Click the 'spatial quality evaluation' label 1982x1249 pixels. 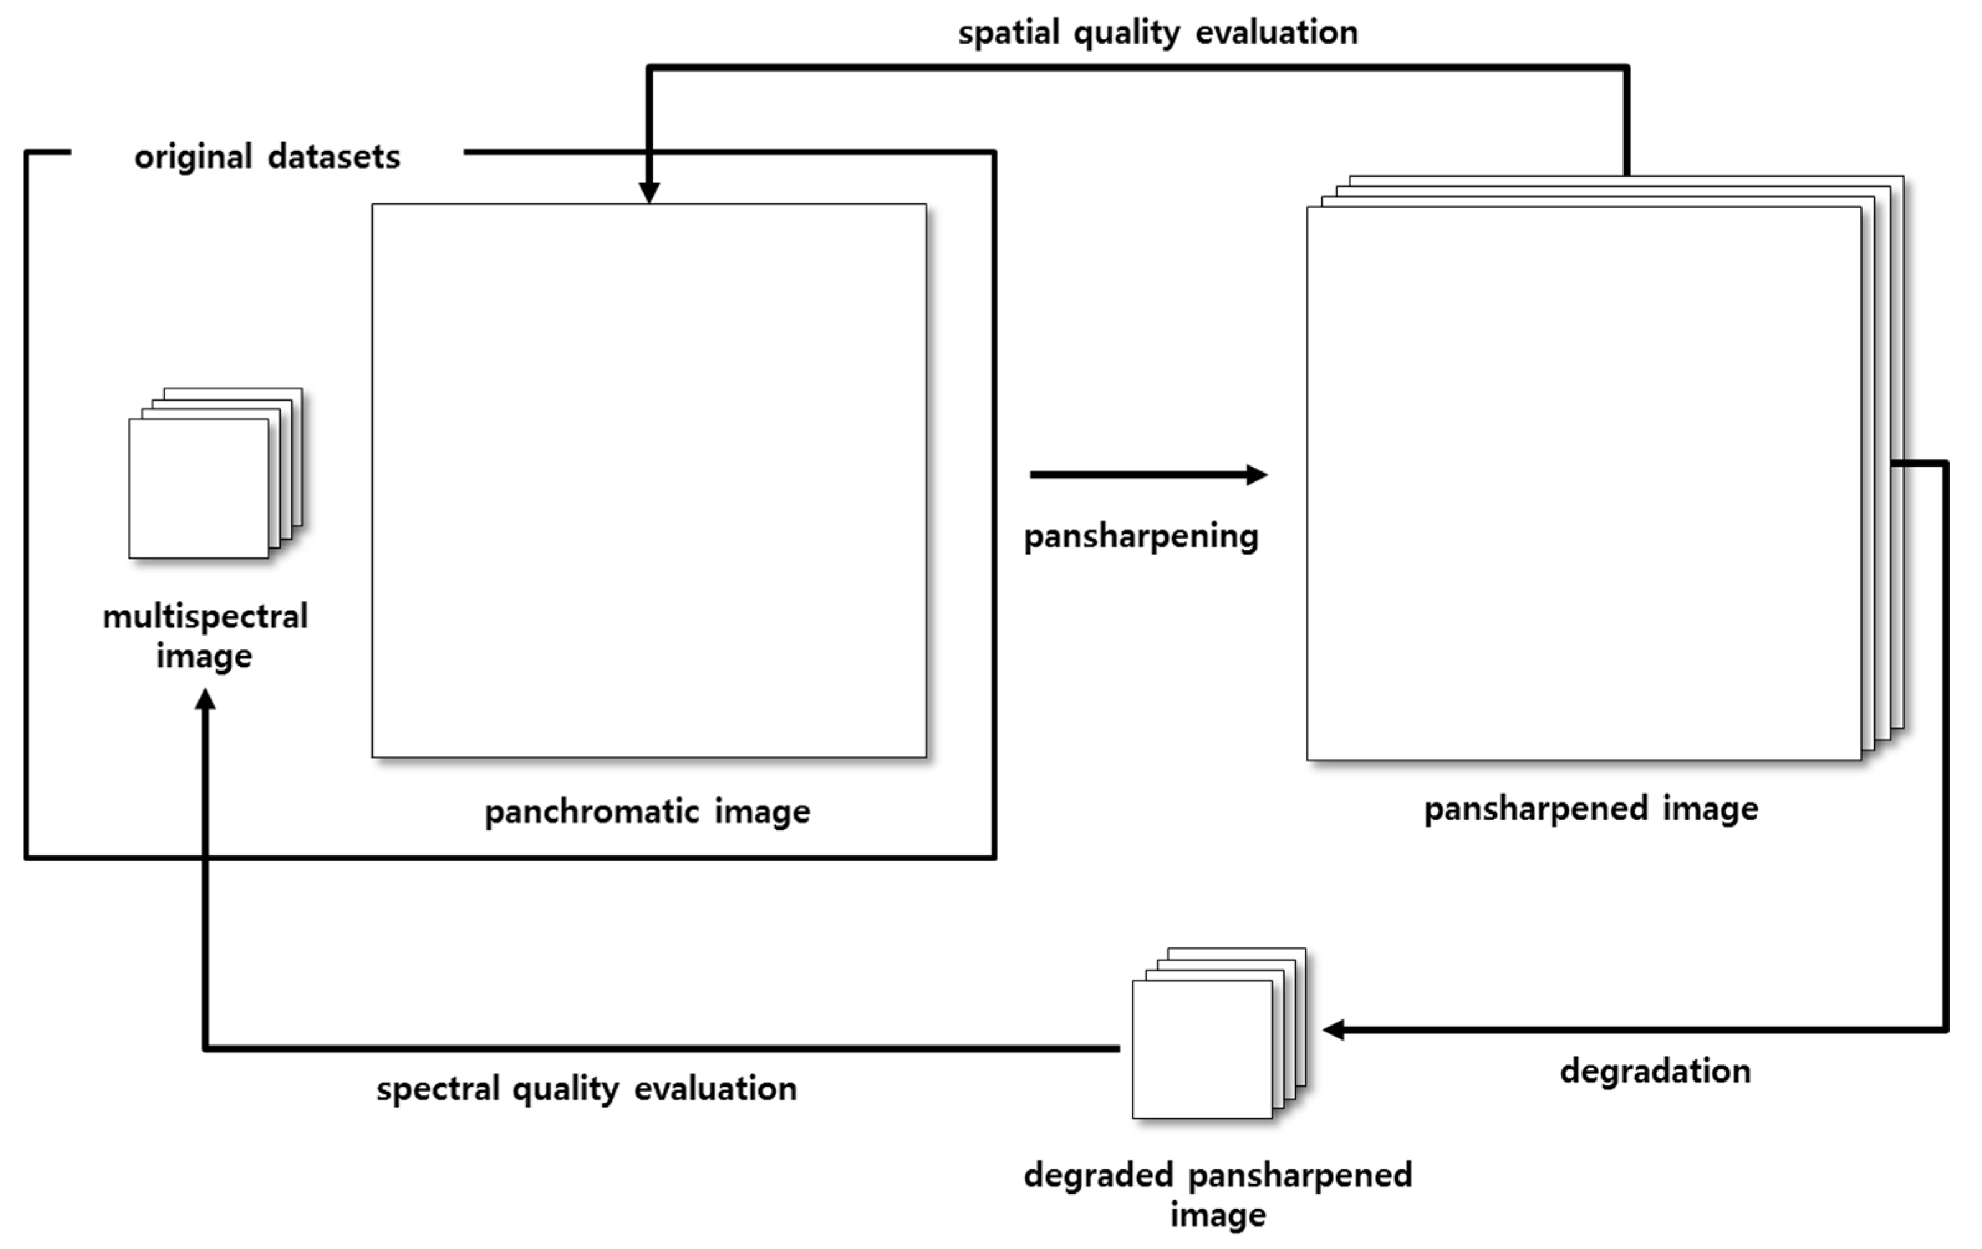(1157, 33)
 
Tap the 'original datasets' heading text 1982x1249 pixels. (267, 156)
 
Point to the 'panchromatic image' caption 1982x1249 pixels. (647, 812)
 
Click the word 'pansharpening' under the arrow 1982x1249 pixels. (1141, 536)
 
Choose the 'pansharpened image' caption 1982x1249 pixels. (1591, 809)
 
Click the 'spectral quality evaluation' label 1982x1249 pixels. (586, 1089)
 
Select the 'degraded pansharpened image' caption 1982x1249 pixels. (1217, 1194)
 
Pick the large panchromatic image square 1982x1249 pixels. (649, 481)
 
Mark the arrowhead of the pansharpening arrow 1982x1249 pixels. (1256, 475)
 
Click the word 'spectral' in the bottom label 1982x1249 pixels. (438, 1089)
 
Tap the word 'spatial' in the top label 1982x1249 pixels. (1008, 33)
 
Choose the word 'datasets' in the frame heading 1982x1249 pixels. (333, 156)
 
